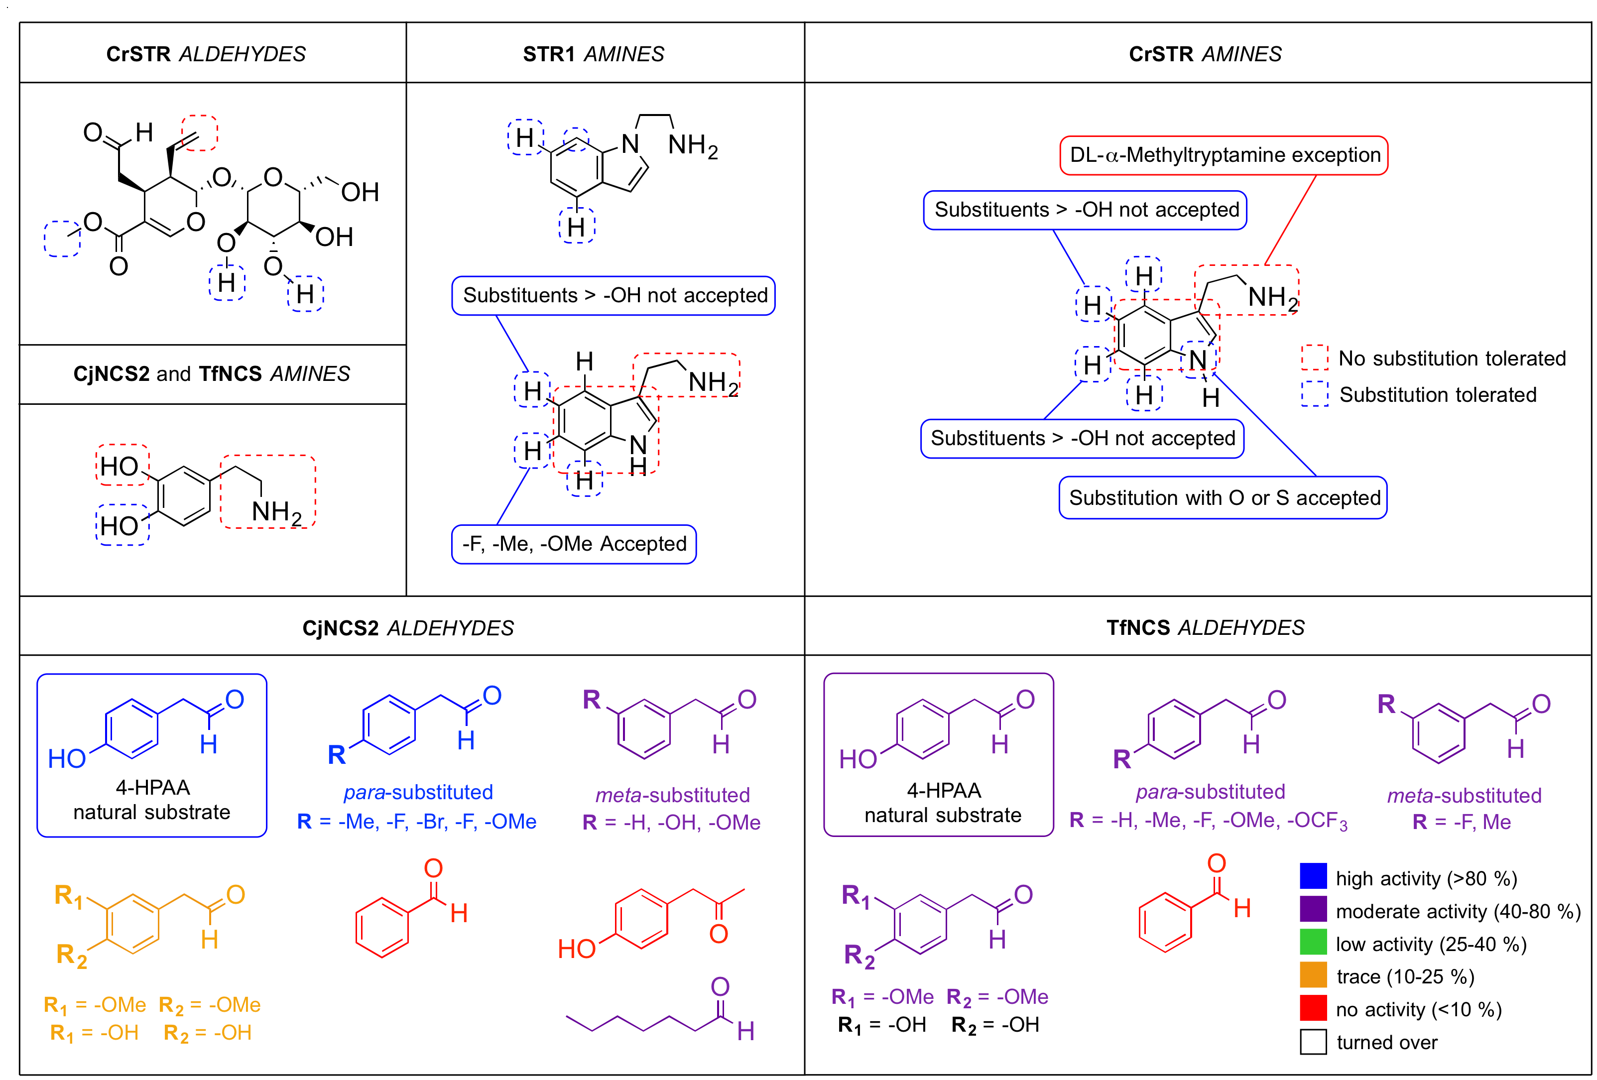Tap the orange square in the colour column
pyautogui.click(x=1313, y=974)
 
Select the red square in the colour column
pyautogui.click(x=1313, y=1008)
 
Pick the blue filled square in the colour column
pyautogui.click(x=1313, y=876)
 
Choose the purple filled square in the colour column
pyautogui.click(x=1313, y=908)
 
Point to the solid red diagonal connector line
pyautogui.click(x=1291, y=220)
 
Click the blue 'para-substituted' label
pyautogui.click(x=418, y=792)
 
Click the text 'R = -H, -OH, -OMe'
pyautogui.click(x=671, y=823)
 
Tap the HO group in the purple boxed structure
pyautogui.click(x=858, y=759)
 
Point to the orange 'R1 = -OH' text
pyautogui.click(x=94, y=1033)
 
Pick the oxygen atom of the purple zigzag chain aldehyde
pyautogui.click(x=720, y=986)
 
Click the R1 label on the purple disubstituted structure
pyautogui.click(x=856, y=895)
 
